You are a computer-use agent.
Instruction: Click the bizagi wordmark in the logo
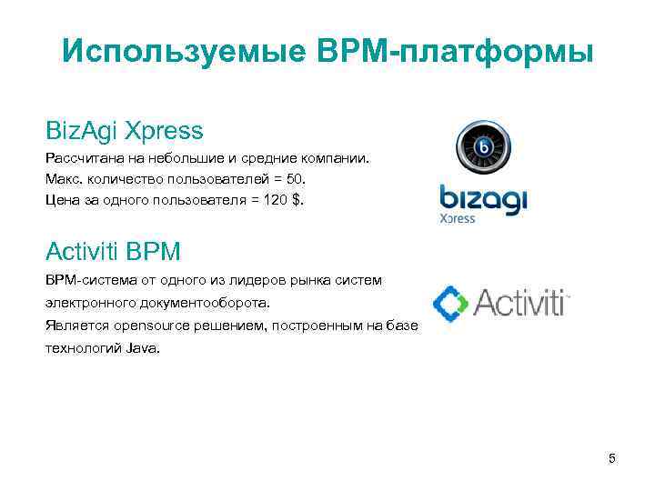click(x=483, y=199)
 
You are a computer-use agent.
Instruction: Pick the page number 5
click(x=612, y=458)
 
